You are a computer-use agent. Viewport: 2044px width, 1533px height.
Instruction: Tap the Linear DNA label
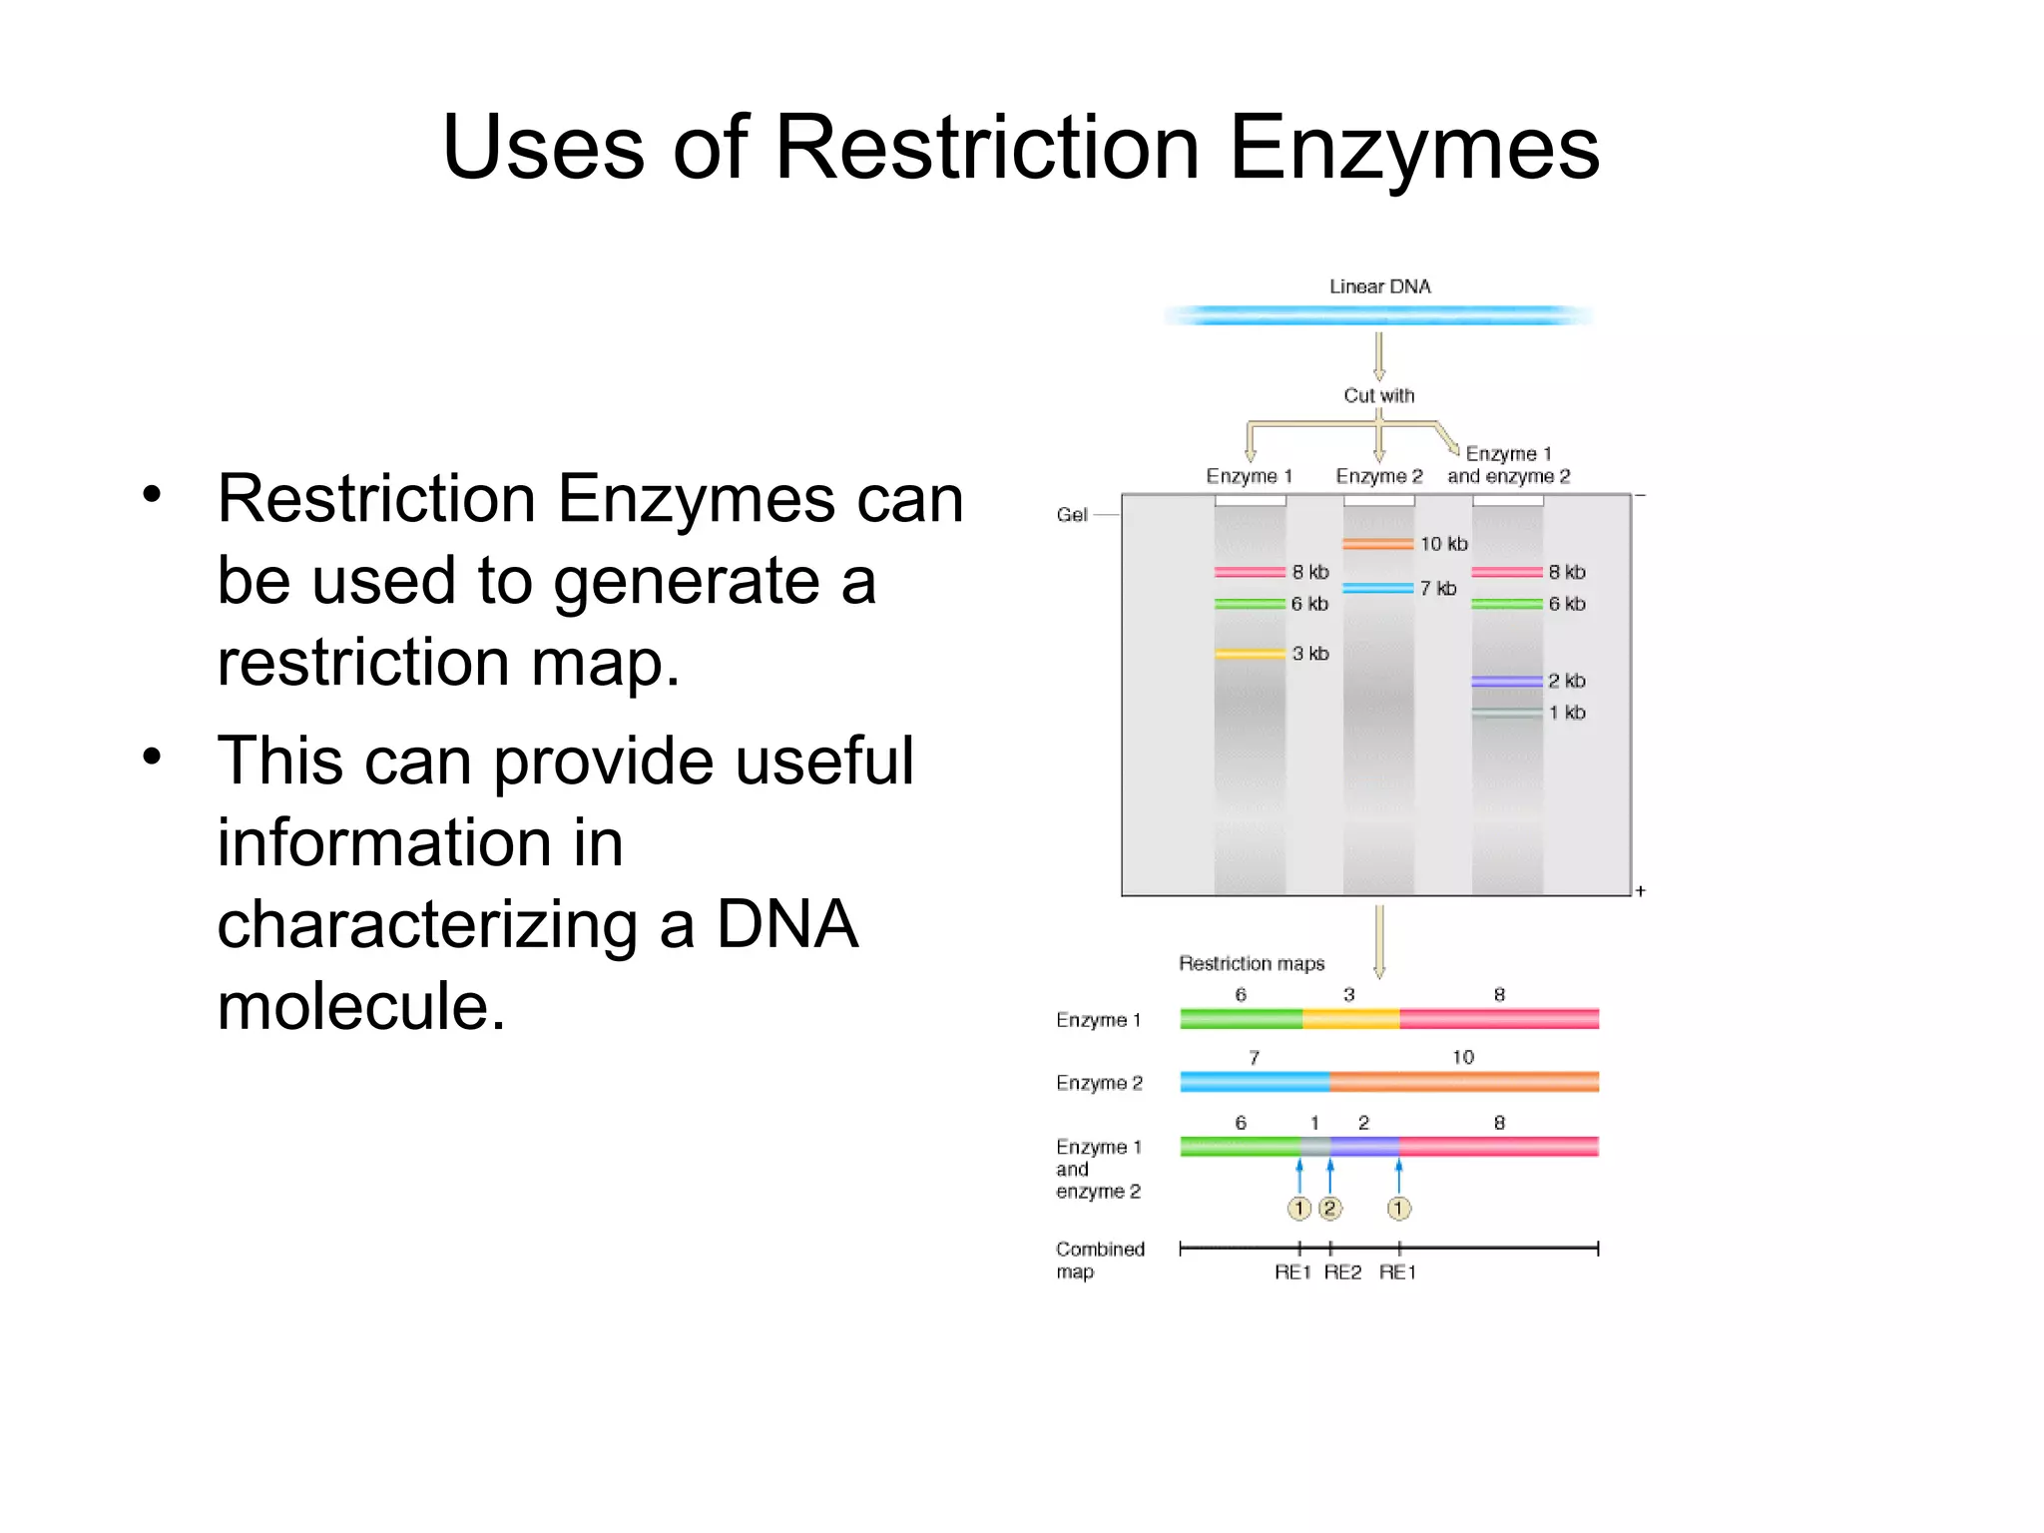[1379, 286]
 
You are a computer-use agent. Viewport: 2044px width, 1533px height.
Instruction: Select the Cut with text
[1378, 395]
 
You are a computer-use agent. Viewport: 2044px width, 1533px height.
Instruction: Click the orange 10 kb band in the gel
[1377, 544]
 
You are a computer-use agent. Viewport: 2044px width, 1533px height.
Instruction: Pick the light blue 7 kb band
[1377, 588]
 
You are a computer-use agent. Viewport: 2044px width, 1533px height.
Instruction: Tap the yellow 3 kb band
[1250, 654]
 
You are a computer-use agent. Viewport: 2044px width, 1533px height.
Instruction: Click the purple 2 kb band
[1507, 681]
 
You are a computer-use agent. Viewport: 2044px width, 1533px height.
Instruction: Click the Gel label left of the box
[1071, 515]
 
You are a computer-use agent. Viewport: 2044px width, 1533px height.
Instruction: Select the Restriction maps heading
[1251, 963]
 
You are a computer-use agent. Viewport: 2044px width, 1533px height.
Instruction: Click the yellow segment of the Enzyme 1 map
[1350, 1019]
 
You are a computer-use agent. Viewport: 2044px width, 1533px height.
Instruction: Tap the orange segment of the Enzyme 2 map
[1463, 1082]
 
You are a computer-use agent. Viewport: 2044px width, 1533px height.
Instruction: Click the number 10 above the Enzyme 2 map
[1462, 1057]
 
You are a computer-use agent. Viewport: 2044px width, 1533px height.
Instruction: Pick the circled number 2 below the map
[1329, 1209]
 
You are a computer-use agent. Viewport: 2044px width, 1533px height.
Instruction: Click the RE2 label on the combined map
[1342, 1273]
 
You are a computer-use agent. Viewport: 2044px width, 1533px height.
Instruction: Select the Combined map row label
[1099, 1260]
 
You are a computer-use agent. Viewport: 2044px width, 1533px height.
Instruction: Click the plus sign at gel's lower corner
[1640, 890]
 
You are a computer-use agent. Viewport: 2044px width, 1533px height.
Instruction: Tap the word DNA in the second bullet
[786, 924]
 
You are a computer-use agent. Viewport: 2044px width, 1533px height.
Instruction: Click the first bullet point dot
[152, 494]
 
